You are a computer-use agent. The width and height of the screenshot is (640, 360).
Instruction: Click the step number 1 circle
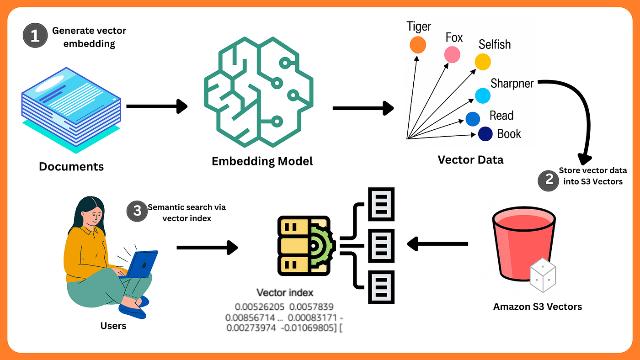(35, 37)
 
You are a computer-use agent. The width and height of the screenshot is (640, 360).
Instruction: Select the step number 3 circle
(137, 212)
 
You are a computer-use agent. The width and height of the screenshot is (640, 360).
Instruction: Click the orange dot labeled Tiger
(417, 45)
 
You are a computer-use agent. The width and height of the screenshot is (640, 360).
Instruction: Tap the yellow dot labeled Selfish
(483, 62)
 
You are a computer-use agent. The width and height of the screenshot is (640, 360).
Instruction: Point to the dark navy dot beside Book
(485, 134)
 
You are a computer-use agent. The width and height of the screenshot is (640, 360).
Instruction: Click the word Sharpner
(512, 84)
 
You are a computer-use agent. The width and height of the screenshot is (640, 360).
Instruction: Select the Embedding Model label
(262, 161)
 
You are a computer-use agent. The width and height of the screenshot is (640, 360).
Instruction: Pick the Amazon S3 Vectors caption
(538, 307)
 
